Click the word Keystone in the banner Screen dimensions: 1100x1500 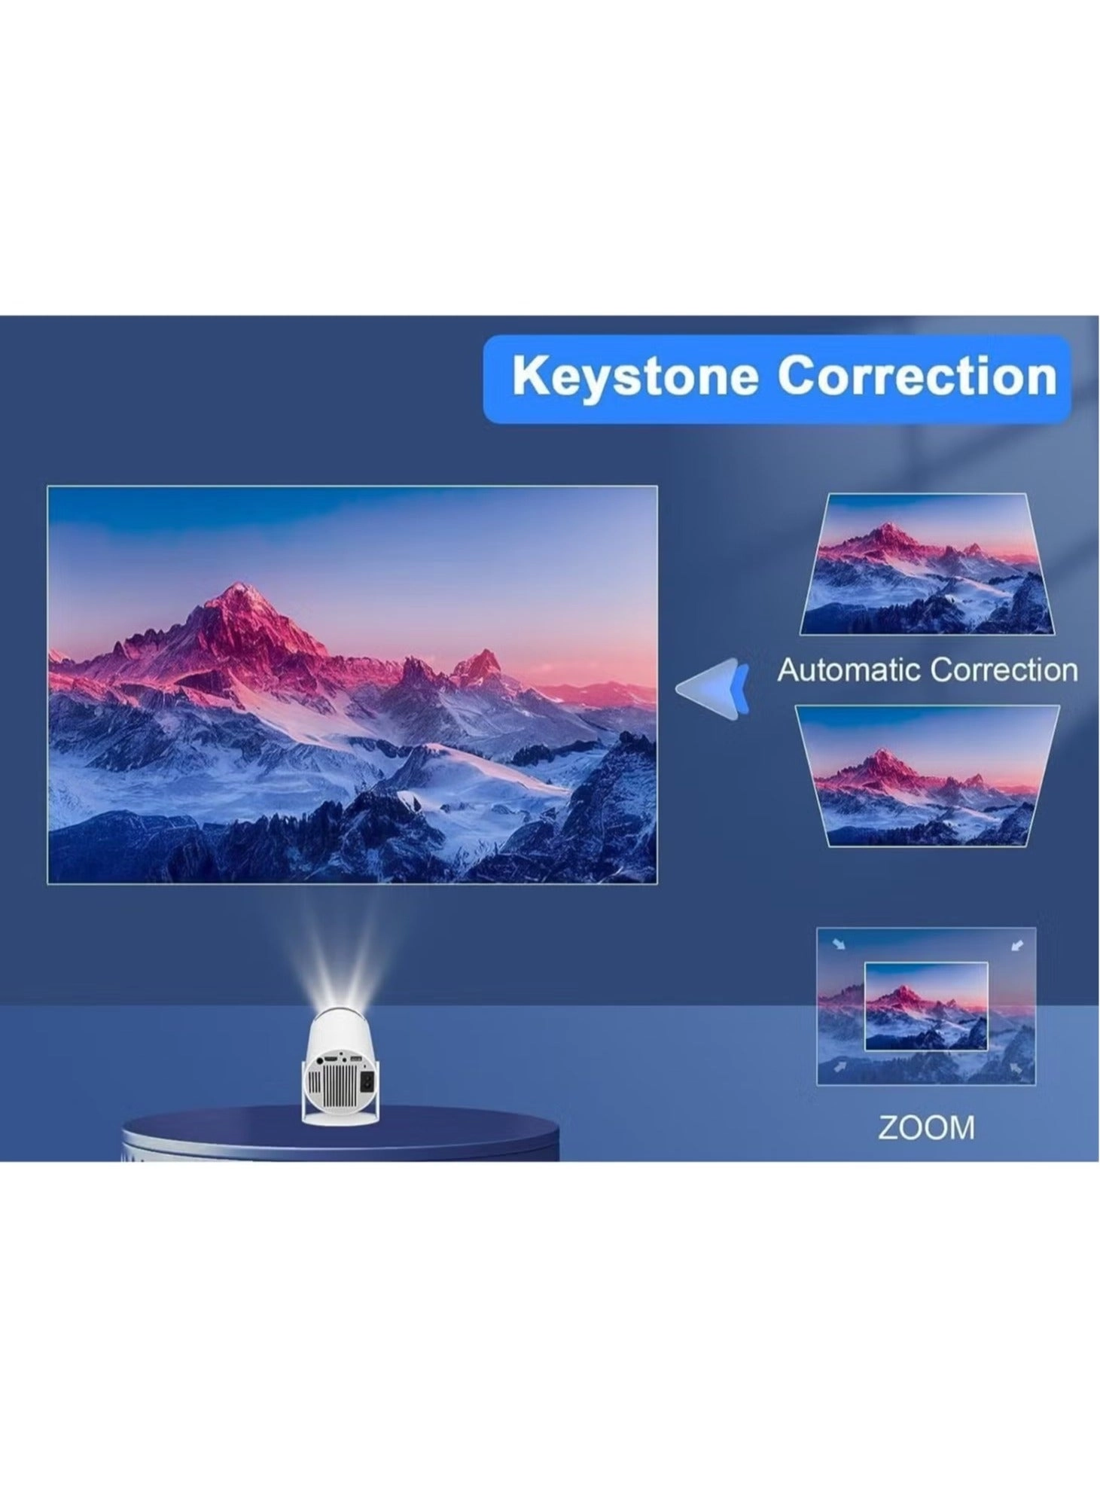point(635,376)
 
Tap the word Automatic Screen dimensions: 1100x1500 point(847,669)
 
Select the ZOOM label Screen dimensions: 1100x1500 point(926,1127)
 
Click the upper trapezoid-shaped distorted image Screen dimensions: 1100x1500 point(927,564)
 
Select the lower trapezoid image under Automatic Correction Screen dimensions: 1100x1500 point(928,776)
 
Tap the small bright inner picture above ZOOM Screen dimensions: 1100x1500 point(926,1006)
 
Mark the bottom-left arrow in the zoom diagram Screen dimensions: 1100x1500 point(838,1067)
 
